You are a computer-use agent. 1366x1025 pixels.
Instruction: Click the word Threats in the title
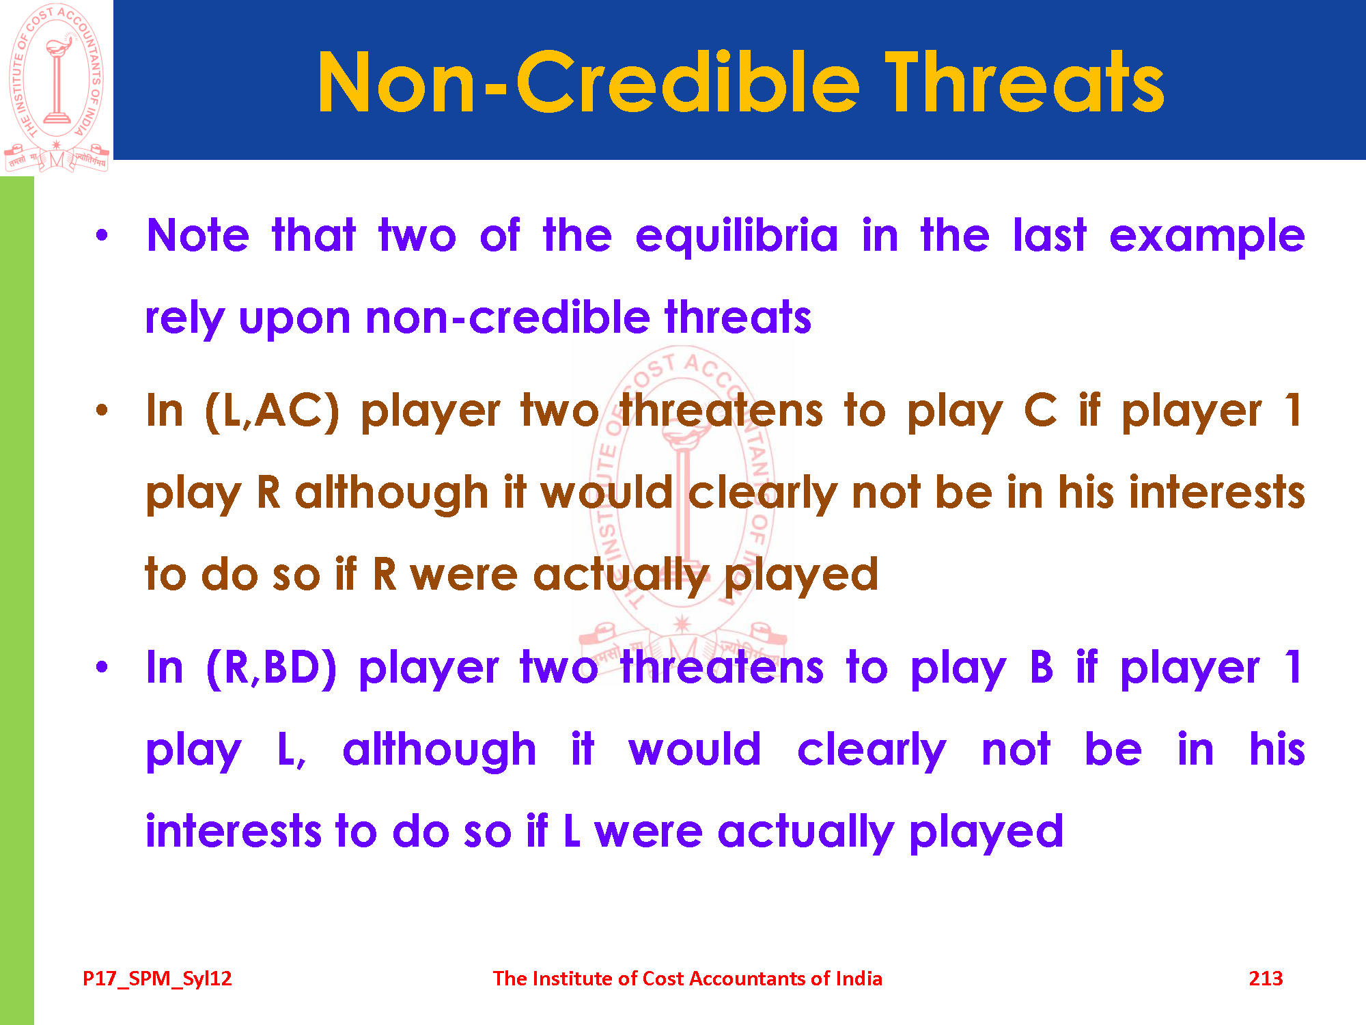tap(1024, 83)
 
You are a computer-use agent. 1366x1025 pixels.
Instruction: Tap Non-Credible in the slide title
tap(588, 83)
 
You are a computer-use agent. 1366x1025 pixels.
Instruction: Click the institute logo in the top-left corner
tap(57, 88)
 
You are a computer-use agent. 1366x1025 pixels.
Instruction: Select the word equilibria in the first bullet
tap(736, 236)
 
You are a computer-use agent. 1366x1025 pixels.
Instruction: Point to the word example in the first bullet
tap(1207, 236)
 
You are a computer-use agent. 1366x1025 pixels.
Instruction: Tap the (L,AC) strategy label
tap(272, 411)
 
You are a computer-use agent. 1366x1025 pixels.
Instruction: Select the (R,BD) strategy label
tap(272, 668)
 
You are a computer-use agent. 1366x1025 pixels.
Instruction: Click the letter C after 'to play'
tap(1040, 411)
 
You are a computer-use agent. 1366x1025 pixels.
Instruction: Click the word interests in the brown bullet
tap(1216, 493)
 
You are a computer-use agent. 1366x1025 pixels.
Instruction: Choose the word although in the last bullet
tap(440, 750)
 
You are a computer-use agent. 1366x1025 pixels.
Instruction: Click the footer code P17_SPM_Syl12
tap(157, 979)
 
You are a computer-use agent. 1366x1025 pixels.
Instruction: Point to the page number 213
tap(1266, 979)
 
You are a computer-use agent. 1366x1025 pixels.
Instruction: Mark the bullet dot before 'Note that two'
tap(102, 236)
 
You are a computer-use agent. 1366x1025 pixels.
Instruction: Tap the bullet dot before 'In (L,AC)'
tap(102, 411)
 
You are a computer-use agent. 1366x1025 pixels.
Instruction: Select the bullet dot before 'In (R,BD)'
tap(102, 667)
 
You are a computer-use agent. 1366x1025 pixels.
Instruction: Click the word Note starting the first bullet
tap(198, 236)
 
